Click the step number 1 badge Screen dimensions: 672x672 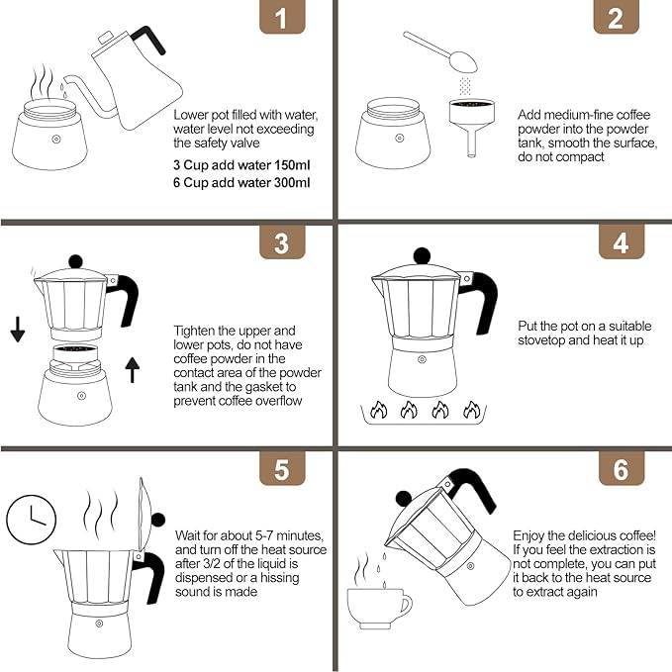(x=282, y=19)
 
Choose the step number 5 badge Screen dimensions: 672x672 (x=282, y=469)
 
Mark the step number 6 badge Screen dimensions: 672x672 (x=621, y=469)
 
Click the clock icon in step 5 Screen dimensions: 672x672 (x=31, y=518)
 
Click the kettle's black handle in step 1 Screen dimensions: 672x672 (x=149, y=40)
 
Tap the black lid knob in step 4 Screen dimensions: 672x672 (x=423, y=254)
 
